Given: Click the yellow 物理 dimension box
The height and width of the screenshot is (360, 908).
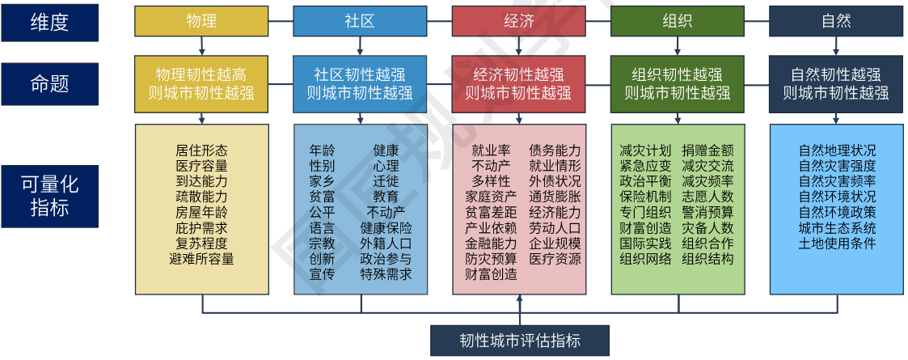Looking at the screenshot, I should [201, 21].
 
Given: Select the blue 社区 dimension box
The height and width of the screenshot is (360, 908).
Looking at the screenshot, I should [360, 21].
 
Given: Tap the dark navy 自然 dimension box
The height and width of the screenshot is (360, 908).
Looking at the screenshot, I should [836, 21].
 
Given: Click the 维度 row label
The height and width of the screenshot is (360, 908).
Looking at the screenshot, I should [49, 23].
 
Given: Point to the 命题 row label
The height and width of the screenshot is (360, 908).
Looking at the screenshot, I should [49, 83].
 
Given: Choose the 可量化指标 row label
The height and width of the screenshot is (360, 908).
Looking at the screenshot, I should [49, 196].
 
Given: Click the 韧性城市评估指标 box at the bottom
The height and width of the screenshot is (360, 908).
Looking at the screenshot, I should [519, 340].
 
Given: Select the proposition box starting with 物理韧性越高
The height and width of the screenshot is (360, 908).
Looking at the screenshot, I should [201, 83].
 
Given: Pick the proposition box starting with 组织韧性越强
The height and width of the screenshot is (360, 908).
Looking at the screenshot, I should [677, 83].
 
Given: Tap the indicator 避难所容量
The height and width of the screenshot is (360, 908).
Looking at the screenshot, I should [201, 259].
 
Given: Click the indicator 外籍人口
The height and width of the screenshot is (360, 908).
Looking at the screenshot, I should [386, 244].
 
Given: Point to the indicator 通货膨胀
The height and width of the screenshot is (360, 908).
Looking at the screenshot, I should [555, 197].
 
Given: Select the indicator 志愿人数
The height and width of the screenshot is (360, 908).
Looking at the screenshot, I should [707, 197].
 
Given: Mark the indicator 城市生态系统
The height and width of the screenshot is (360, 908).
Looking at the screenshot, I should [837, 227].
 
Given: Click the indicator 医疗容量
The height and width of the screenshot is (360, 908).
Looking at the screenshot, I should [201, 166].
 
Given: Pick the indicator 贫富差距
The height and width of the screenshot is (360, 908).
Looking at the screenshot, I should [491, 212].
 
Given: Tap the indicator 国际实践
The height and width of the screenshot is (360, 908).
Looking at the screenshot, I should [645, 244].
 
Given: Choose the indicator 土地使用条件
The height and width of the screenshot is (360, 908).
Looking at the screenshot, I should [837, 244].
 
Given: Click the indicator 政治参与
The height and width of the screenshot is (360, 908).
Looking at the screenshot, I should [386, 259].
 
